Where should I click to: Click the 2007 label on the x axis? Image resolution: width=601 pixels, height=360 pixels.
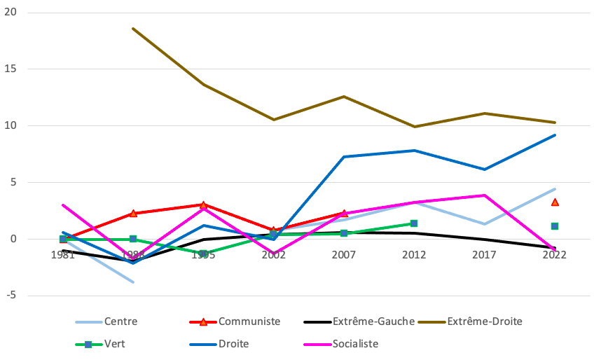coord(344,255)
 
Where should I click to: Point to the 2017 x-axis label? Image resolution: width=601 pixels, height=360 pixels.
coord(484,255)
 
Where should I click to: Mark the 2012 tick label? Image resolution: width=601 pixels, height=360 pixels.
coord(414,255)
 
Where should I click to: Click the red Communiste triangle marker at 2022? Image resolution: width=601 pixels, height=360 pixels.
coord(555,202)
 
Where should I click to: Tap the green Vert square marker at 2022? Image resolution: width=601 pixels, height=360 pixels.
coord(554,226)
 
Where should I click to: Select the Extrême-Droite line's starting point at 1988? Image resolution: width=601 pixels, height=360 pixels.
coord(133,29)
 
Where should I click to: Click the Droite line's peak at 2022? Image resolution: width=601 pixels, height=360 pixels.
coord(555,135)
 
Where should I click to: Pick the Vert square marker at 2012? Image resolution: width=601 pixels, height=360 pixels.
coord(414,223)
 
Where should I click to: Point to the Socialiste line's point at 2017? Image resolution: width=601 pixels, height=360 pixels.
coord(484,195)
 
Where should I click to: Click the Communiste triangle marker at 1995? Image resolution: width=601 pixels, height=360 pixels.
coord(203,205)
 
